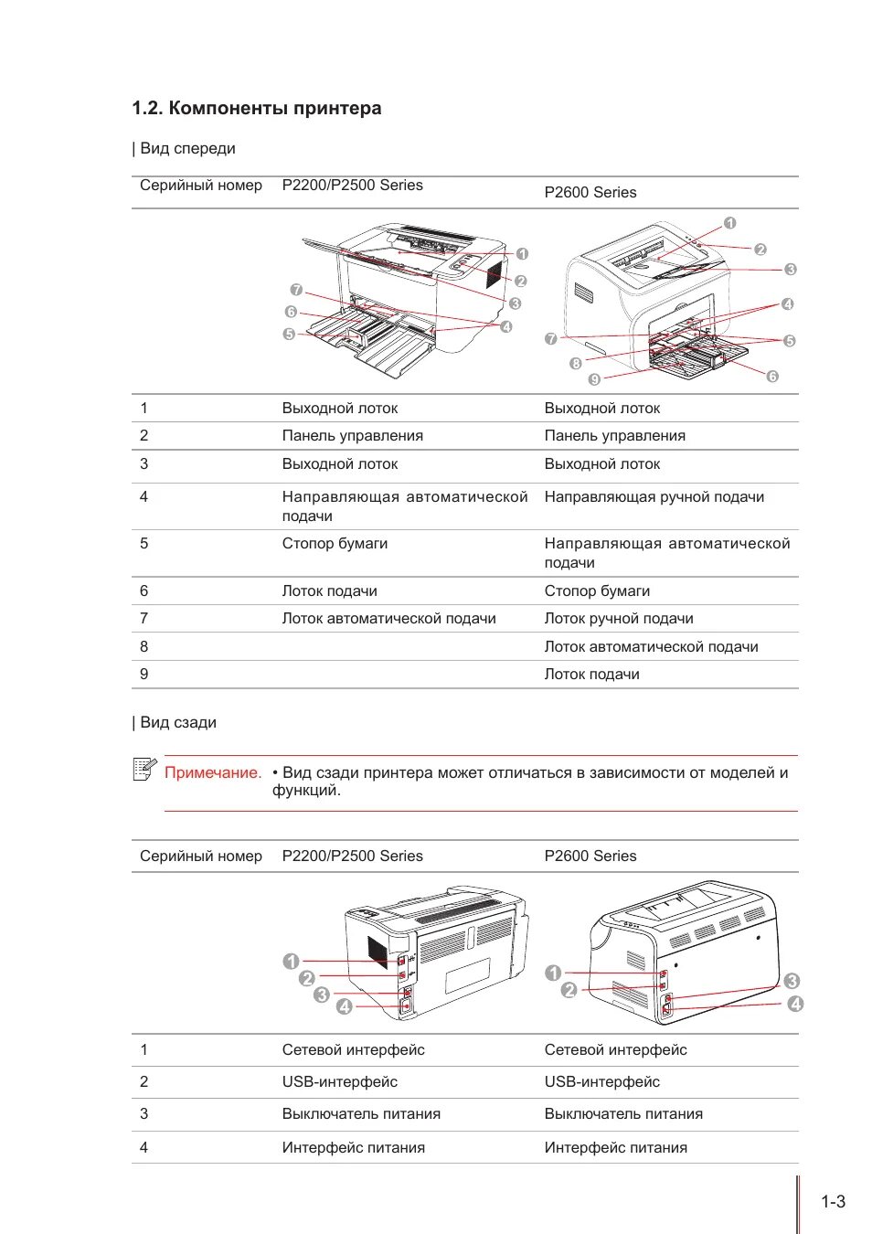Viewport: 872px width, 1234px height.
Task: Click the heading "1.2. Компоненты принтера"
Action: (257, 109)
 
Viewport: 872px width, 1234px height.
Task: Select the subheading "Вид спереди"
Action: (187, 149)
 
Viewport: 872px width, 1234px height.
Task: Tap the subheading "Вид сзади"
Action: (178, 723)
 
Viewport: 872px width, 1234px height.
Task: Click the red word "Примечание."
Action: (213, 773)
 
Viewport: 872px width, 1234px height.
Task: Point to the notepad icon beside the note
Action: (144, 770)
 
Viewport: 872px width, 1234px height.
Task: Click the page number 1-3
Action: (833, 1202)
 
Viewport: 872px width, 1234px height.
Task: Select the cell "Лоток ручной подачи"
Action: (619, 619)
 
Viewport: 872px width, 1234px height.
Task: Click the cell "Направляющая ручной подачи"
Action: (654, 497)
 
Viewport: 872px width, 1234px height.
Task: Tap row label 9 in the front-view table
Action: (144, 675)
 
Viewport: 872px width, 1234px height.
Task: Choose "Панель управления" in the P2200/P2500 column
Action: (352, 436)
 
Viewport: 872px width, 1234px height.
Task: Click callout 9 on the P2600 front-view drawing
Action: (594, 379)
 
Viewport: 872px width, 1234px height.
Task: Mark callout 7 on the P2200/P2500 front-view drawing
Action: (296, 290)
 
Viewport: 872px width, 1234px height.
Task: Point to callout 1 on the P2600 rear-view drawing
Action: (553, 973)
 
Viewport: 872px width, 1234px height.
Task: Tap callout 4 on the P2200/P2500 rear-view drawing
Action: (344, 1006)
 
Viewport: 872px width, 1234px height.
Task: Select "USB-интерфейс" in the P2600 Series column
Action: (601, 1082)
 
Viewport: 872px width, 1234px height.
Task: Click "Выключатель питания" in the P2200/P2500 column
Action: (361, 1114)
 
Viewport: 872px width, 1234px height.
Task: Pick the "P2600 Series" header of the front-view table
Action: (590, 193)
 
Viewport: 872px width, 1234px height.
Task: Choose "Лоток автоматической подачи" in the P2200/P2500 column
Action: (388, 619)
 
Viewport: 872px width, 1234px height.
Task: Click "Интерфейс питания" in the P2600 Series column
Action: (615, 1148)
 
